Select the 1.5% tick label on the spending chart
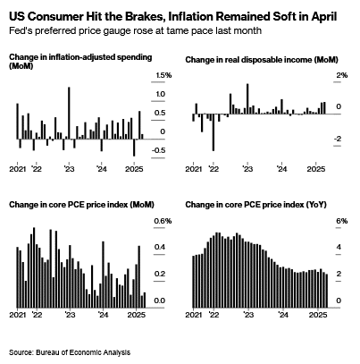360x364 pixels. tap(163, 75)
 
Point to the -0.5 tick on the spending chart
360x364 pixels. tap(158, 150)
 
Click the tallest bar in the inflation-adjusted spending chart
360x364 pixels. tap(69, 113)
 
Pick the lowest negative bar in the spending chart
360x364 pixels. tap(134, 148)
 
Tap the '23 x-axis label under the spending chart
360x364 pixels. tap(69, 169)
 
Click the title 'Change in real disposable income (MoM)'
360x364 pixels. tap(262, 60)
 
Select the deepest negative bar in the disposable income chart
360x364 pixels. tap(213, 132)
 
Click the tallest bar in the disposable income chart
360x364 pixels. tap(247, 98)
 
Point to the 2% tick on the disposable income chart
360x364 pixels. tap(342, 75)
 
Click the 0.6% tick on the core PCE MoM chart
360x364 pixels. tap(163, 221)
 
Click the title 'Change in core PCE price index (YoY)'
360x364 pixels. tap(256, 205)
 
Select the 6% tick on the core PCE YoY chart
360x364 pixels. tap(342, 221)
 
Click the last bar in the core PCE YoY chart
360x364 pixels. tap(327, 291)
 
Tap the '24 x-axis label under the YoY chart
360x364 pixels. tap(283, 315)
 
